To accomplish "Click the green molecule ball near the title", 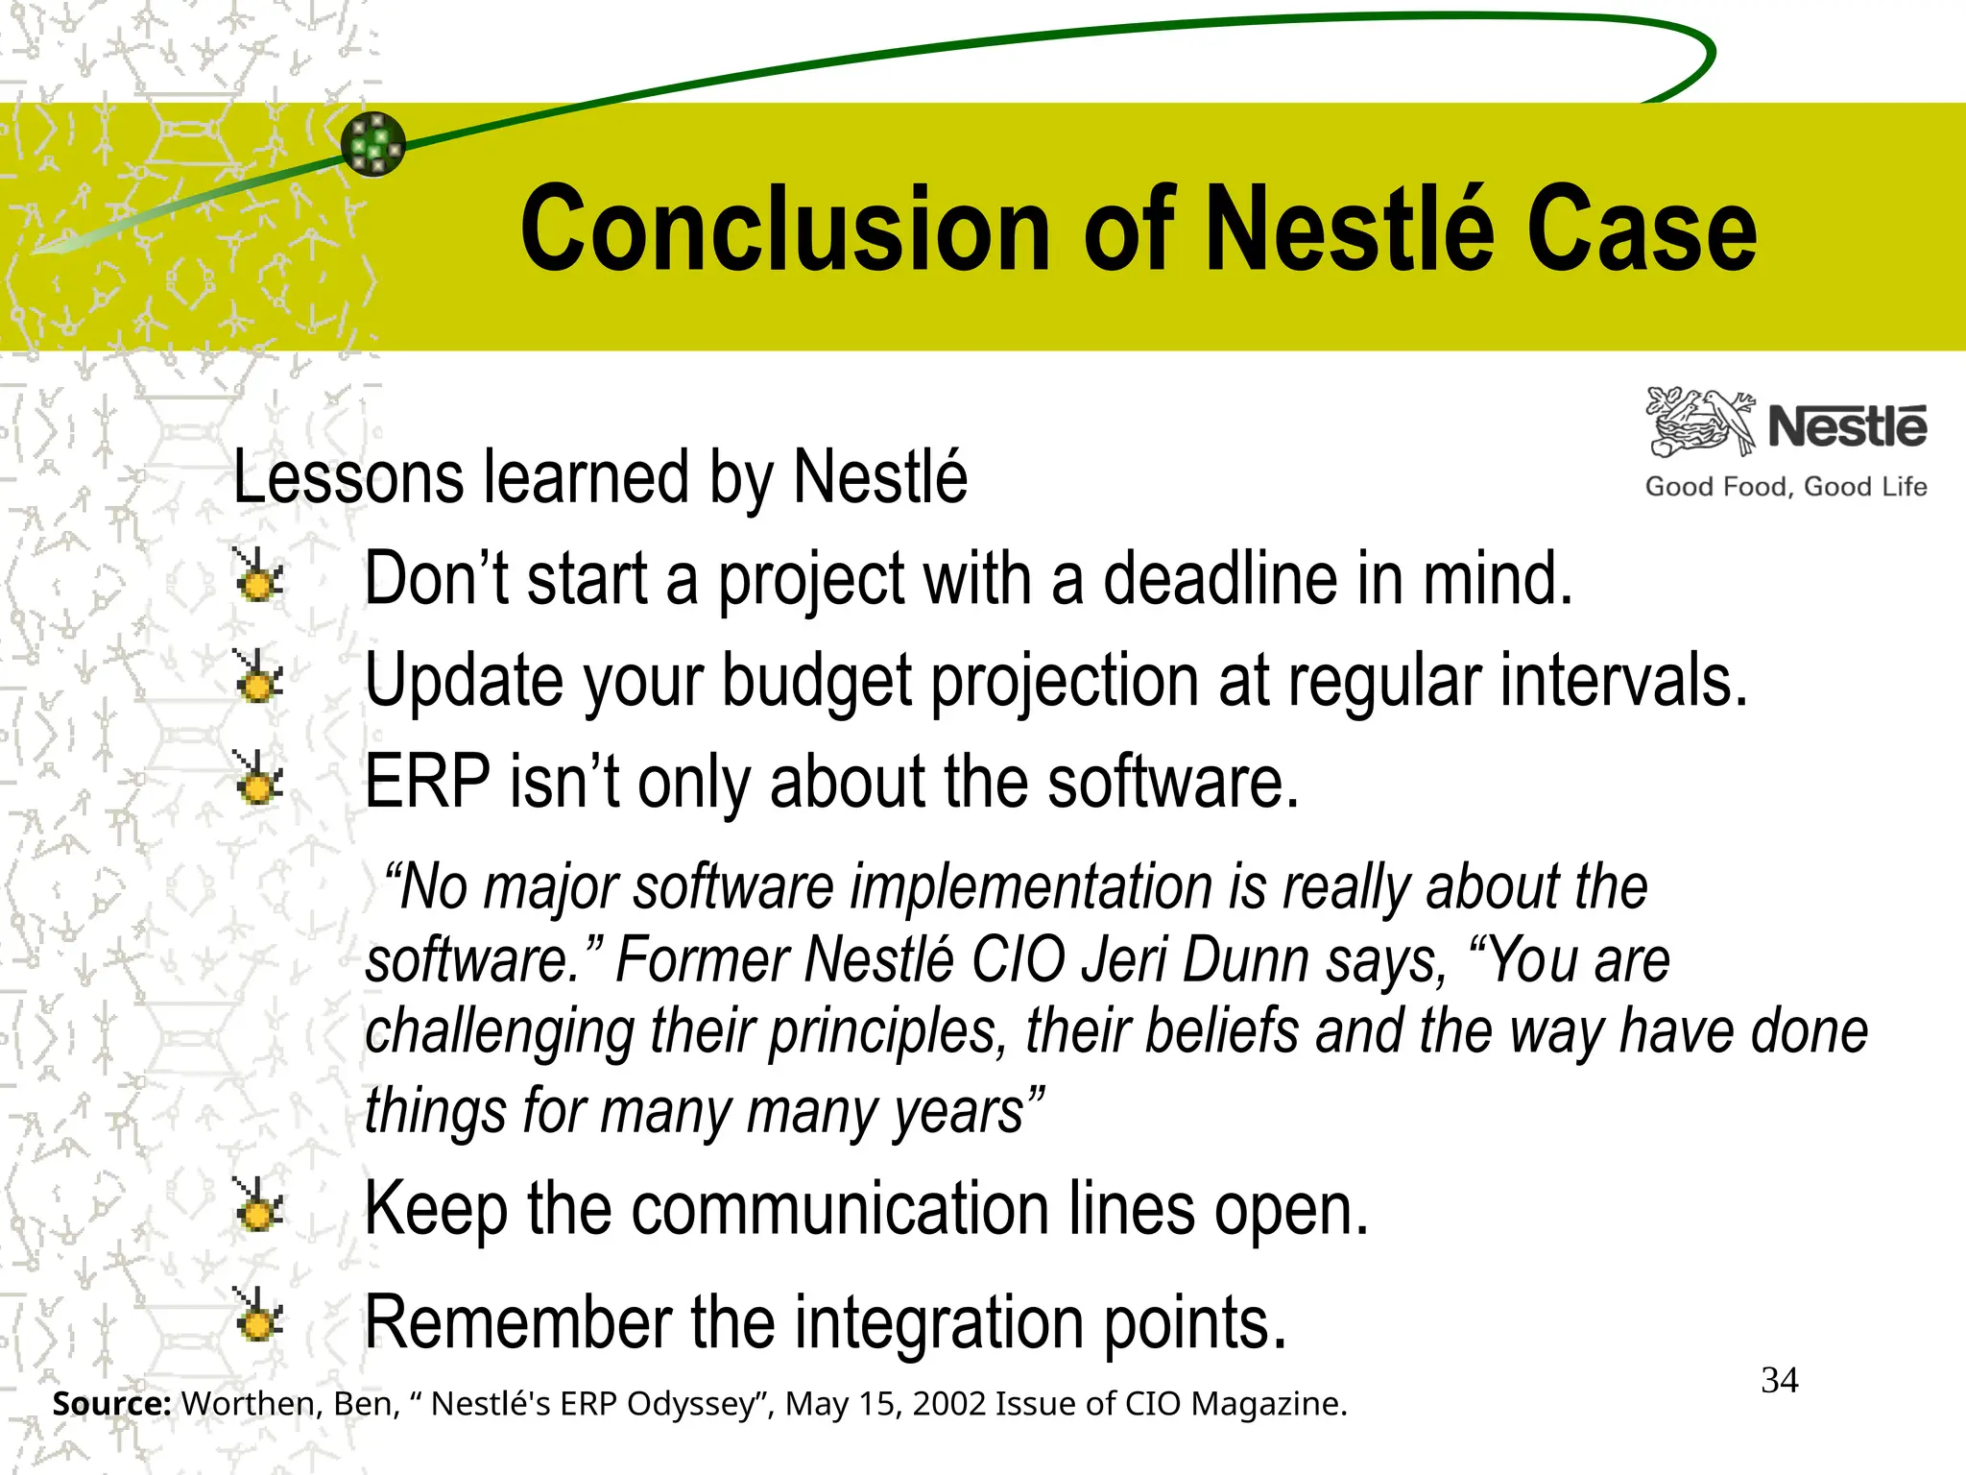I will click(x=373, y=144).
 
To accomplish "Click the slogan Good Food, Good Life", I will click(x=1786, y=487).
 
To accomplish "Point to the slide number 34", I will click(x=1779, y=1380).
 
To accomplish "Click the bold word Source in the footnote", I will click(x=111, y=1404).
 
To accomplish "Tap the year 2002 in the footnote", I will click(x=949, y=1404).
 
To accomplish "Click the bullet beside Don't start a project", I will click(x=258, y=577).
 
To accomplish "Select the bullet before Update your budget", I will click(x=258, y=678).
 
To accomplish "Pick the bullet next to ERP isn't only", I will click(x=258, y=779).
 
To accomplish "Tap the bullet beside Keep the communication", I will click(x=258, y=1207).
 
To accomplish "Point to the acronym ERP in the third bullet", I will click(x=427, y=782).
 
